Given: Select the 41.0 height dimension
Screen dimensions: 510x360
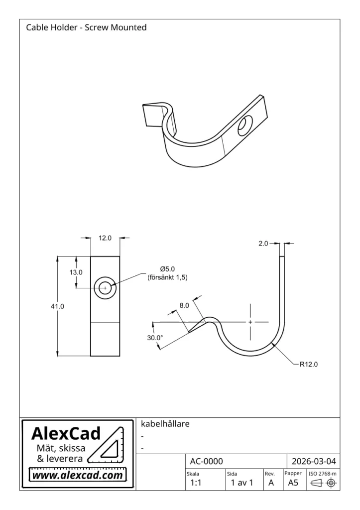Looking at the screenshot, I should (x=58, y=306).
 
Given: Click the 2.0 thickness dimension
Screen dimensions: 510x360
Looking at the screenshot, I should (x=263, y=243).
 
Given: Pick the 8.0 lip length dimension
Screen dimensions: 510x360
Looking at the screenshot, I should (x=184, y=306).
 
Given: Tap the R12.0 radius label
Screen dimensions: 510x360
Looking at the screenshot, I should (x=308, y=364).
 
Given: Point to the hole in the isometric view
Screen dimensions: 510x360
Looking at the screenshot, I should (x=244, y=125).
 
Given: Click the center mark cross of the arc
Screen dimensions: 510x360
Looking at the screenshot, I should (x=250, y=322).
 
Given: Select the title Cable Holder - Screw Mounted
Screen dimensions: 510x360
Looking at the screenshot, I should (x=86, y=27).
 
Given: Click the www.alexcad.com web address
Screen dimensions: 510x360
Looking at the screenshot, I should (x=78, y=475).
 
